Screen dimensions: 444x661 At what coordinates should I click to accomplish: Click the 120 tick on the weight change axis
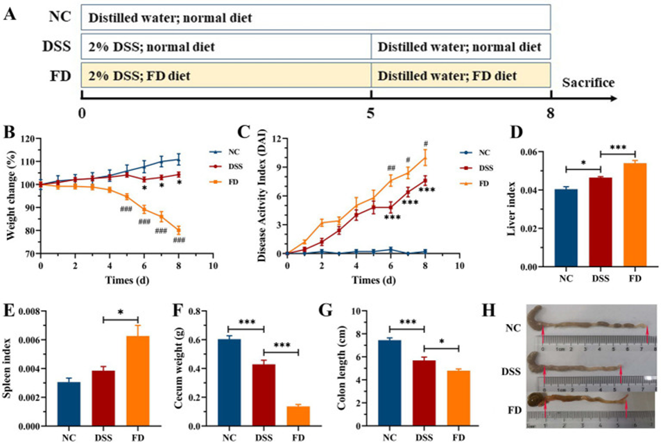28,139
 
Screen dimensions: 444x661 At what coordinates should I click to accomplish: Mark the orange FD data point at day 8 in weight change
179,230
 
